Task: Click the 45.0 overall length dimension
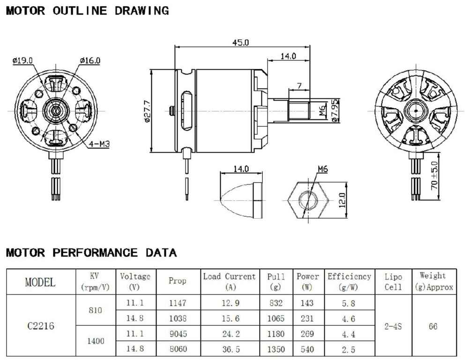coord(240,43)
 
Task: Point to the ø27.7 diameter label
coord(147,111)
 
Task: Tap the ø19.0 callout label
coord(22,61)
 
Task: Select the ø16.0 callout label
coord(90,61)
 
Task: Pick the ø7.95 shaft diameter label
coord(335,110)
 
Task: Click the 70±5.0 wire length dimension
coord(434,176)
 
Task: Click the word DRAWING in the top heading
coord(142,11)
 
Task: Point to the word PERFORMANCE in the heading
coord(95,253)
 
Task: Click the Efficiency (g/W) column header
coord(350,281)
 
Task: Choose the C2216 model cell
coord(41,326)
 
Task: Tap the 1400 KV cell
coord(96,341)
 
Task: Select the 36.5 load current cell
coord(231,349)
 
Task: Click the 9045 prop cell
coord(178,333)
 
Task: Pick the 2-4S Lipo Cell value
coord(393,326)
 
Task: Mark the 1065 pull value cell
coord(276,318)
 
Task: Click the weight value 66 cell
coord(433,326)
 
